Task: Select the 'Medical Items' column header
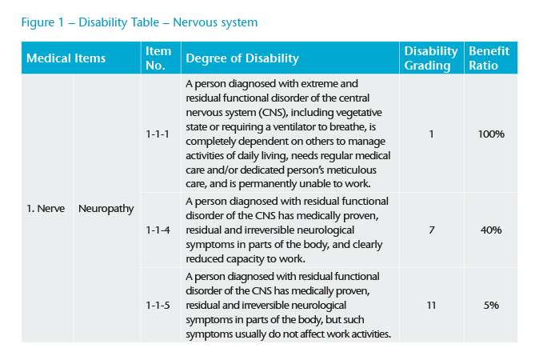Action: (66, 58)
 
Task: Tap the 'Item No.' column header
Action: (158, 58)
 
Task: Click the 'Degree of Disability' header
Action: (242, 58)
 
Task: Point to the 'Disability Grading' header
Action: (431, 58)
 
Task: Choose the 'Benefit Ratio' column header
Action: (489, 58)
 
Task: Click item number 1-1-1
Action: (158, 134)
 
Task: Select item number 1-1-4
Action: (158, 230)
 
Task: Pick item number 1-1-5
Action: (158, 305)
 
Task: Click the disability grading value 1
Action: (431, 134)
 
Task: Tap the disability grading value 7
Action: (431, 230)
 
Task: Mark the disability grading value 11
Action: (431, 305)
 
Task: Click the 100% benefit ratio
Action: (491, 134)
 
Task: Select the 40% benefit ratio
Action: (491, 230)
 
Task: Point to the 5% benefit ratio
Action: (491, 305)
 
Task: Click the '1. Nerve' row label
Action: (46, 209)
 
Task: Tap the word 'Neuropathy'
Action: (106, 209)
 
